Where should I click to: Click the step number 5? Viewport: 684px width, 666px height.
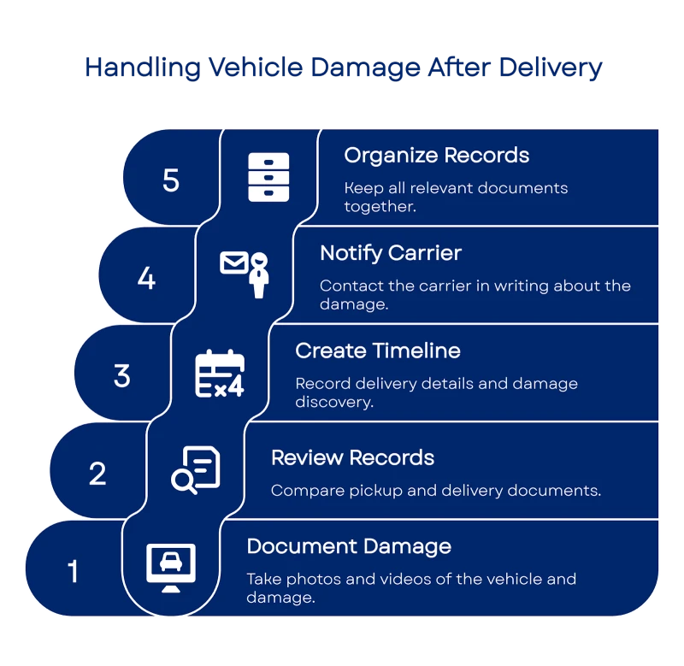coord(171,180)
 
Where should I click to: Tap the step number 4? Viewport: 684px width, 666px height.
coord(146,278)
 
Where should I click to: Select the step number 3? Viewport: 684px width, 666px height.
coord(121,375)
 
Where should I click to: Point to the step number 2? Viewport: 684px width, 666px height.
coord(97,473)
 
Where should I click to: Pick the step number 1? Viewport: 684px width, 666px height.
coord(73,571)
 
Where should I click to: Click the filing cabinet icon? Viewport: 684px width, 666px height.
coord(268,177)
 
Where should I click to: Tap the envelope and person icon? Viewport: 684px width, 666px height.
coord(245,273)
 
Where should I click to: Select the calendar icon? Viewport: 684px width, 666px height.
coord(220,374)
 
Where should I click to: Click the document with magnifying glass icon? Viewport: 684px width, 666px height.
coord(196,469)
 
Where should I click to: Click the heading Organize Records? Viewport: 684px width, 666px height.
coord(436,156)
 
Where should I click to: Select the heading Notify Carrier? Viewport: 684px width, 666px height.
coord(391,253)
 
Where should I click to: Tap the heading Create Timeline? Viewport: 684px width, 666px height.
coord(377,351)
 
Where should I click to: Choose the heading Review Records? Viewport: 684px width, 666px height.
coord(352,457)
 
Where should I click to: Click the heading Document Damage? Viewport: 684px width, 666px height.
coord(349,546)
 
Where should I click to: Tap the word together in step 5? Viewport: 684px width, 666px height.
coord(380,207)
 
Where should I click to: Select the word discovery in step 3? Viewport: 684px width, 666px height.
coord(333,402)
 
